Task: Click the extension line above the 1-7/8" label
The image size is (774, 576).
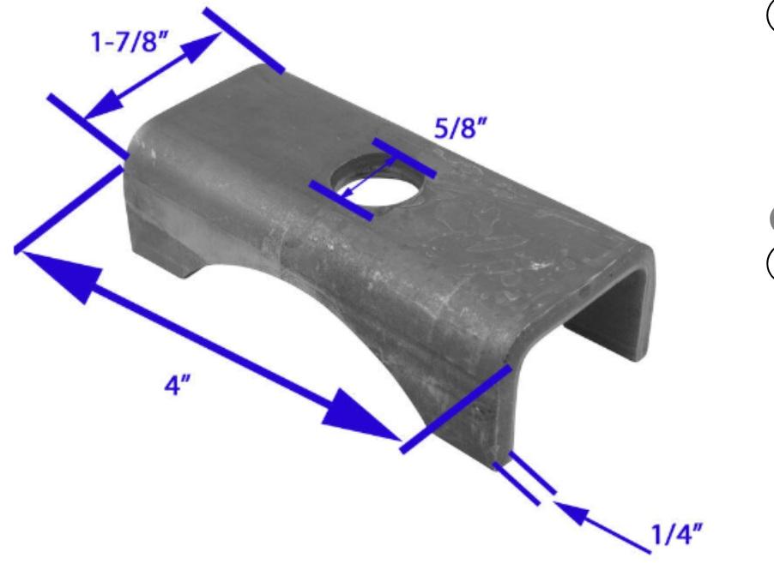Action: click(245, 39)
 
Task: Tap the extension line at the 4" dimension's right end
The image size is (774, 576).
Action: click(457, 406)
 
